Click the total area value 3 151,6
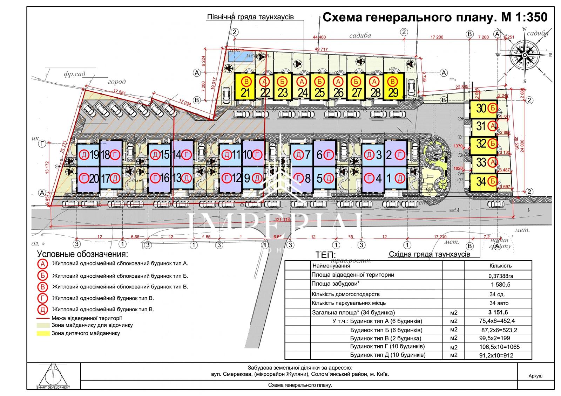498,313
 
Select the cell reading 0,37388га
498,276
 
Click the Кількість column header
498,266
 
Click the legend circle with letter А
43,264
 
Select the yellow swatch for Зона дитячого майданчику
43,333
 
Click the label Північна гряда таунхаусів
250,17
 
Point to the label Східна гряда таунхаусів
429,255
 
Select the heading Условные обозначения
82,254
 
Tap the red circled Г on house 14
188,154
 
